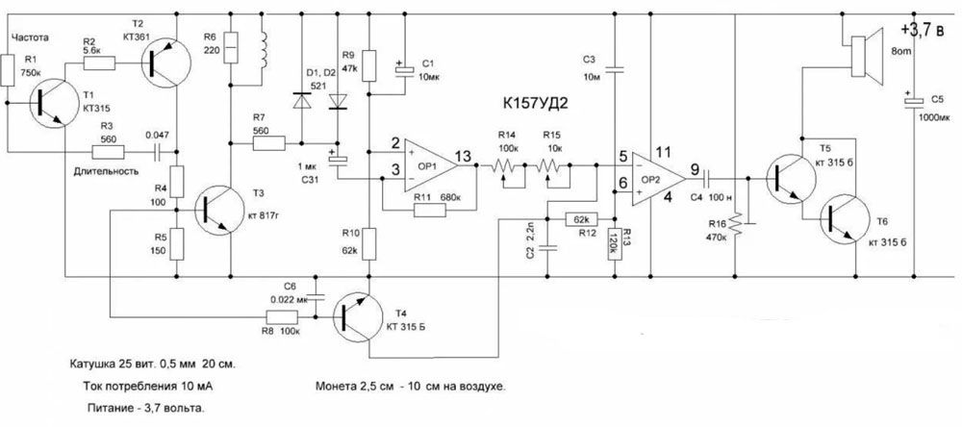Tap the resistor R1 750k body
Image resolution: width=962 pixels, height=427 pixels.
pyautogui.click(x=9, y=71)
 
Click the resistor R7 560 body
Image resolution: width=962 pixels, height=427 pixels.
pyautogui.click(x=269, y=144)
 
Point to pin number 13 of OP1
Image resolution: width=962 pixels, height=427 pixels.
pyautogui.click(x=464, y=156)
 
